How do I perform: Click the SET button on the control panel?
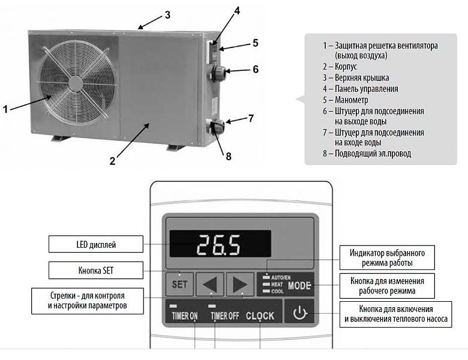(179, 284)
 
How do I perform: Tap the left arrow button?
(210, 284)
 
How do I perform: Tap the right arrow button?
(240, 284)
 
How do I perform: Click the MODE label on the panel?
(299, 286)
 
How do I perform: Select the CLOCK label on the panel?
(260, 316)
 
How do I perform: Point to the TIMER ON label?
(185, 316)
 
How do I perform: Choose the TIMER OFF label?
(225, 316)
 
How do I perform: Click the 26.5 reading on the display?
(218, 245)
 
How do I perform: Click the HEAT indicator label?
(277, 284)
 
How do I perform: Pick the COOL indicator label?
(277, 291)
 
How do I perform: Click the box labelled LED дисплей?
(96, 244)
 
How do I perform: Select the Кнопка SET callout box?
(96, 270)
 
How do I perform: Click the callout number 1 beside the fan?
(5, 109)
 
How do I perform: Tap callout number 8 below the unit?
(229, 156)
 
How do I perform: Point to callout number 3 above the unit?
(168, 15)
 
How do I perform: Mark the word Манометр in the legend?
(351, 100)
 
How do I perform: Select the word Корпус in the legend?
(346, 67)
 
